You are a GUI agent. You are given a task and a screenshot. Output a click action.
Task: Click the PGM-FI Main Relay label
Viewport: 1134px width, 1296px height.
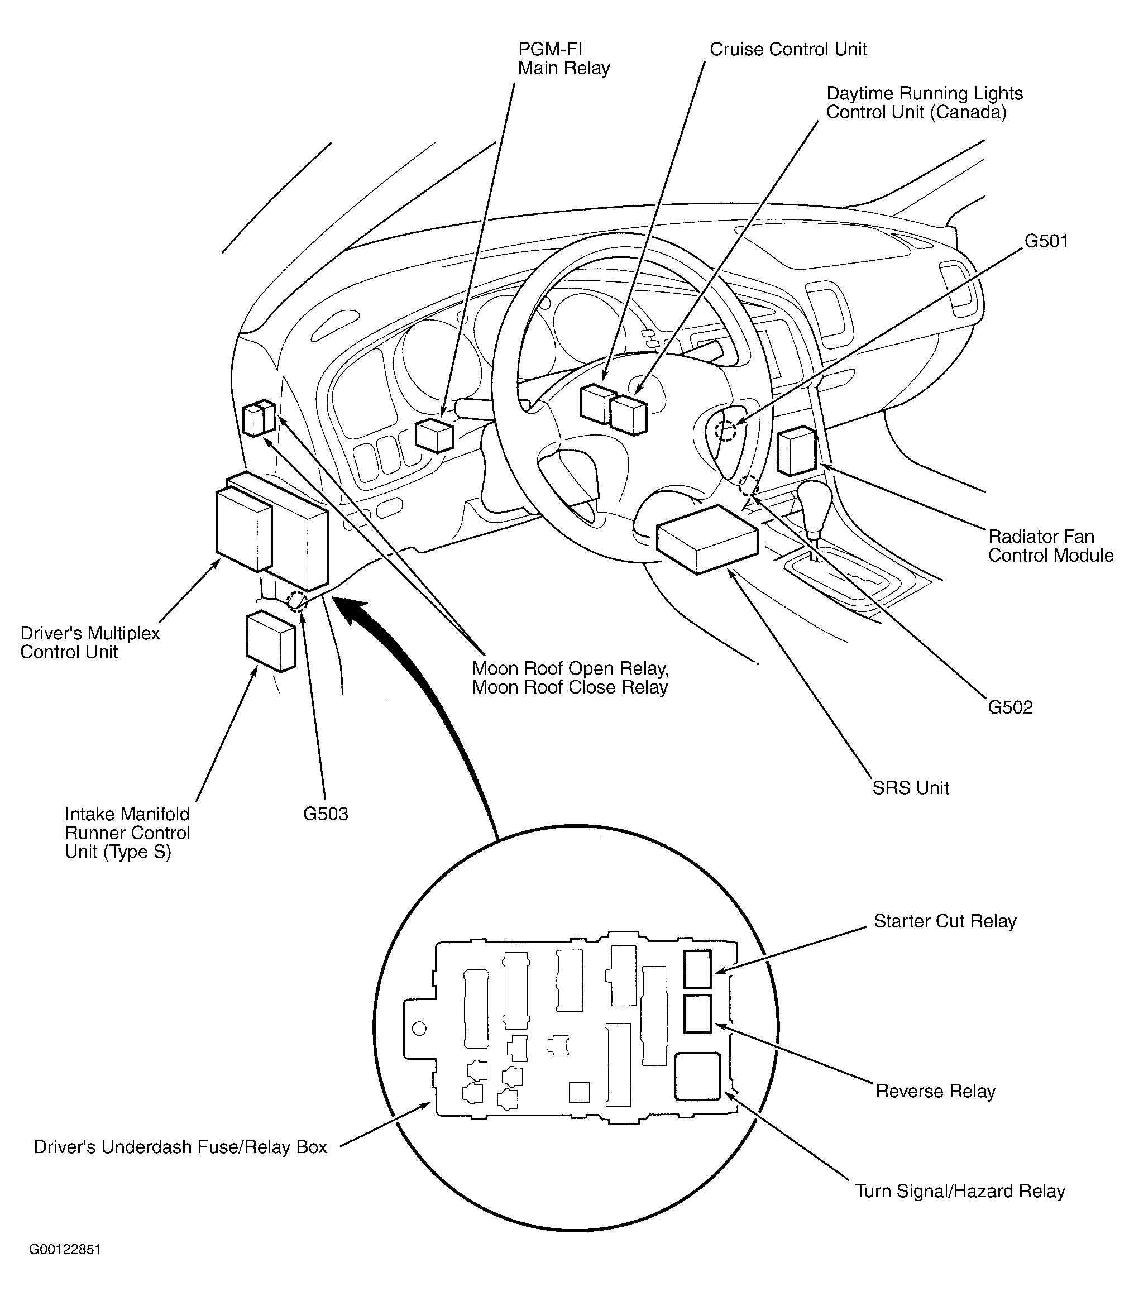point(563,59)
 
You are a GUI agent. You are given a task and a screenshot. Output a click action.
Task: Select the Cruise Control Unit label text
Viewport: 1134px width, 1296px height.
point(788,49)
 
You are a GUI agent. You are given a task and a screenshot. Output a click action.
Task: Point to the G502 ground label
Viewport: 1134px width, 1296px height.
point(1010,707)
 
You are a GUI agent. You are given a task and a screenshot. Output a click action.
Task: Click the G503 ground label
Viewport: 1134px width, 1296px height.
point(326,814)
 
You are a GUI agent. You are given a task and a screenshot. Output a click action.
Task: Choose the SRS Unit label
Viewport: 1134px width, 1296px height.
point(911,788)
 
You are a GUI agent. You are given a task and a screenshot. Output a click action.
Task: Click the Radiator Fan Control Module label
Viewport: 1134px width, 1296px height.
point(1050,546)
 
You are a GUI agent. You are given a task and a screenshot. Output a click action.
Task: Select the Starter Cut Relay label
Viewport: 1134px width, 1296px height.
point(945,921)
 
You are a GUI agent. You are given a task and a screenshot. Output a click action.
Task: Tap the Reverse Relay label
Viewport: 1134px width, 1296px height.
point(935,1091)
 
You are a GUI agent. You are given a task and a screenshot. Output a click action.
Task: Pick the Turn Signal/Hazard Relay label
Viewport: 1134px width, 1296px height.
point(960,1191)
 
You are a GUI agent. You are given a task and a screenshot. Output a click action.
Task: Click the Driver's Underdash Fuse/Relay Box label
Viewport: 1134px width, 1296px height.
point(180,1147)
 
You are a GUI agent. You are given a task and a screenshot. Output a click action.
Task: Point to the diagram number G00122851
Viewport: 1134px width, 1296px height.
point(65,1250)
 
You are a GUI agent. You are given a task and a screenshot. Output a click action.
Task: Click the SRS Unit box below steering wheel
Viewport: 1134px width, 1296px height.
point(707,539)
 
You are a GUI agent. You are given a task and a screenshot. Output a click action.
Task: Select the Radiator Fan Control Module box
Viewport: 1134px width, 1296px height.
point(797,451)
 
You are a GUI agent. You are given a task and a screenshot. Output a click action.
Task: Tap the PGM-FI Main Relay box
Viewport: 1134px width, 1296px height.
point(434,436)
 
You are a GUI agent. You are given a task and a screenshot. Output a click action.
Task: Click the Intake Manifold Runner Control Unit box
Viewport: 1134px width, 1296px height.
point(270,640)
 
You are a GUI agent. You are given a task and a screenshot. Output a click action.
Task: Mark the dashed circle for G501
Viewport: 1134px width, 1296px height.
point(725,432)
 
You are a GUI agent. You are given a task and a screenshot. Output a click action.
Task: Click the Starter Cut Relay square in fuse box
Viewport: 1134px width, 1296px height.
point(697,969)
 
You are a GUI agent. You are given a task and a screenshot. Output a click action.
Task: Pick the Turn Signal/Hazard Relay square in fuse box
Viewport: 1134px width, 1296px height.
point(697,1077)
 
